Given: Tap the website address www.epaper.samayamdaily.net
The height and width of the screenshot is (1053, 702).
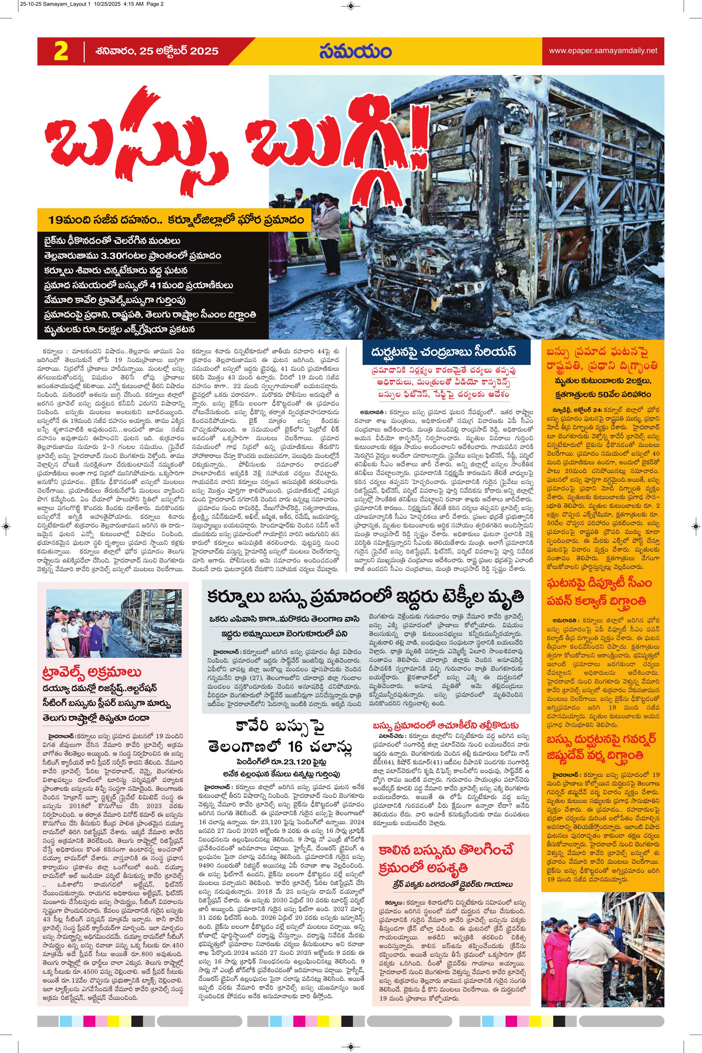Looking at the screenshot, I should click(602, 51).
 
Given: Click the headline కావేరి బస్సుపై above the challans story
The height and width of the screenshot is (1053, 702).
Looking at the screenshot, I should click(281, 726).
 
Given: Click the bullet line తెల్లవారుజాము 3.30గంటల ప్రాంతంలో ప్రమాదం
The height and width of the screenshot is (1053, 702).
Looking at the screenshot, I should click(132, 256).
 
